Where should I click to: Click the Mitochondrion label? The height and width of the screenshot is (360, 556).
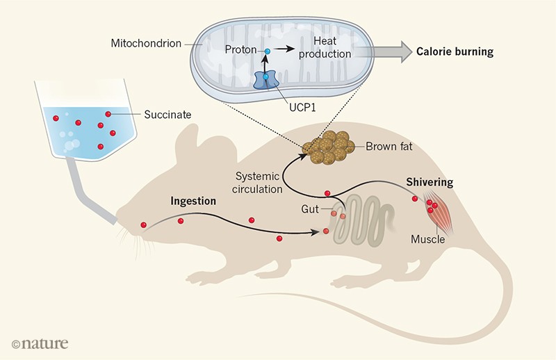coord(145,43)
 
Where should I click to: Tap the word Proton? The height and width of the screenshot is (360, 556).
coord(238,51)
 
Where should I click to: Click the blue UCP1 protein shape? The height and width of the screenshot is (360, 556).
coord(265,79)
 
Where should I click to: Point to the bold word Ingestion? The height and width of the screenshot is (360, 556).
coord(193,202)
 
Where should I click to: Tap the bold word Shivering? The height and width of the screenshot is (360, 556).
coord(430,183)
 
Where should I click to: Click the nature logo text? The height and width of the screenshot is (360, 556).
coord(40,342)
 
